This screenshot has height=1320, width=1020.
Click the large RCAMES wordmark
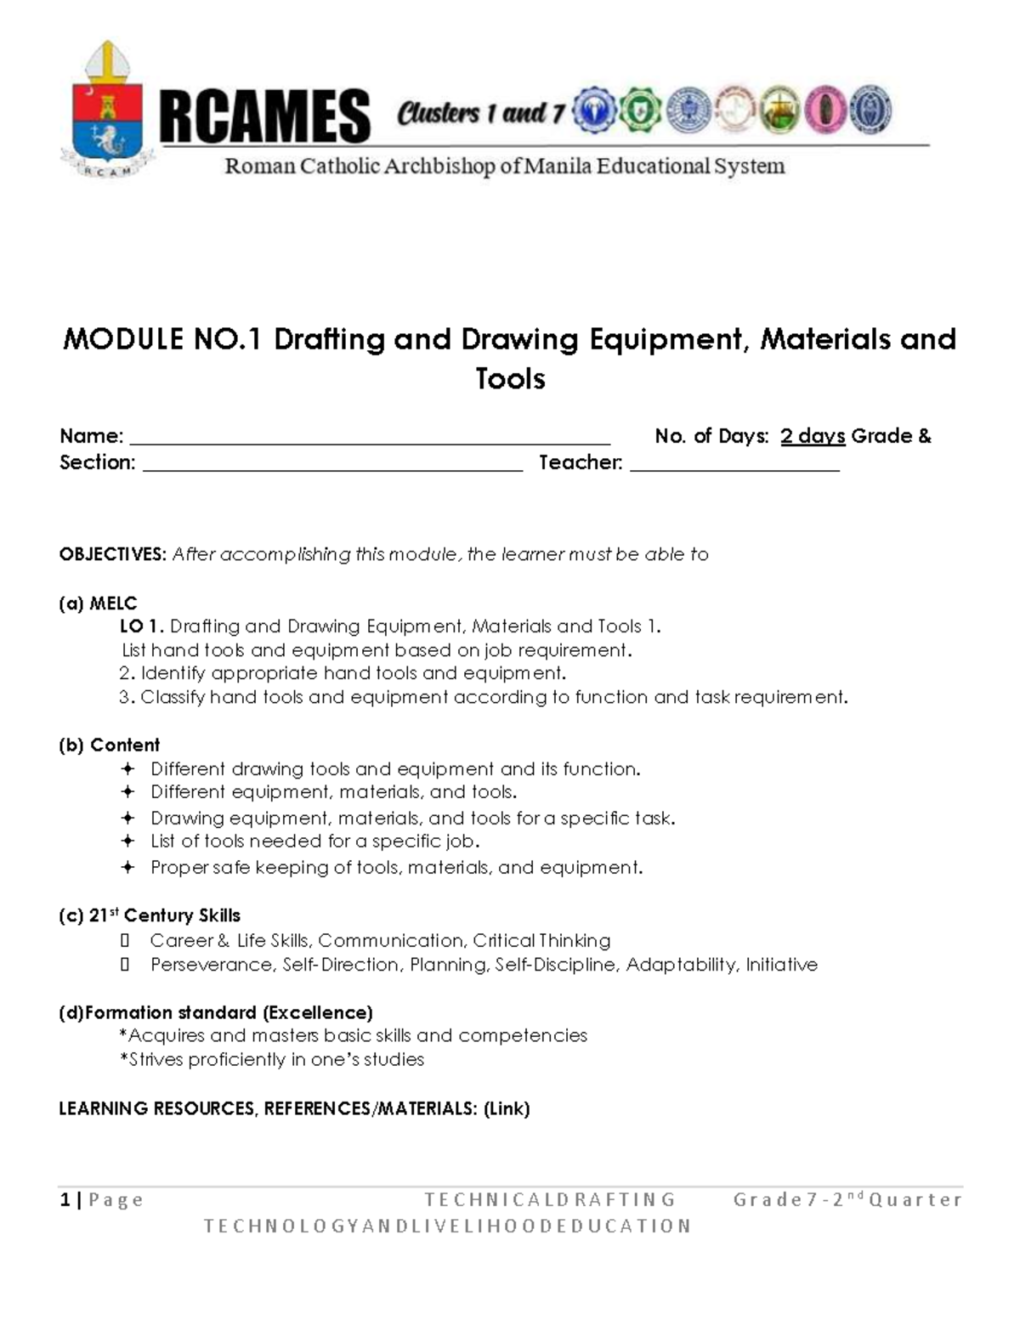tap(264, 116)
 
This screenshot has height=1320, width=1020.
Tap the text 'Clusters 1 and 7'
tap(480, 112)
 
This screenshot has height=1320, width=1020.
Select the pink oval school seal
tap(823, 110)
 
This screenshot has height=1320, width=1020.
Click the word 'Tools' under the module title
tap(510, 378)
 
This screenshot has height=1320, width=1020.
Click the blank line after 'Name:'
tap(369, 438)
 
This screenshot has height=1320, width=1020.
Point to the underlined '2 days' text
tap(813, 436)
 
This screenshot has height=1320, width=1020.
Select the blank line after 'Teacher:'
tap(734, 464)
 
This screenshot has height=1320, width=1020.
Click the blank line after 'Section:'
tap(332, 464)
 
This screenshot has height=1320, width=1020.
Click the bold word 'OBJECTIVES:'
tap(112, 554)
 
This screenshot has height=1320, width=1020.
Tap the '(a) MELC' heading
tap(98, 603)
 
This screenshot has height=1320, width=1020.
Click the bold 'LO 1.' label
tap(142, 626)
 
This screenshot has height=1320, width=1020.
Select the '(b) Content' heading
tap(109, 745)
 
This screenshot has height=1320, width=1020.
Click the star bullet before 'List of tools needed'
tap(127, 841)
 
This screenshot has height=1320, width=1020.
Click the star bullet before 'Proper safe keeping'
tap(127, 868)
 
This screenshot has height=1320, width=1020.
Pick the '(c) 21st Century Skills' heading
tap(150, 915)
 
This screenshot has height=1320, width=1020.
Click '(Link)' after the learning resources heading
tap(507, 1108)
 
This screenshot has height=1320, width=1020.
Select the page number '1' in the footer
tap(65, 1199)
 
